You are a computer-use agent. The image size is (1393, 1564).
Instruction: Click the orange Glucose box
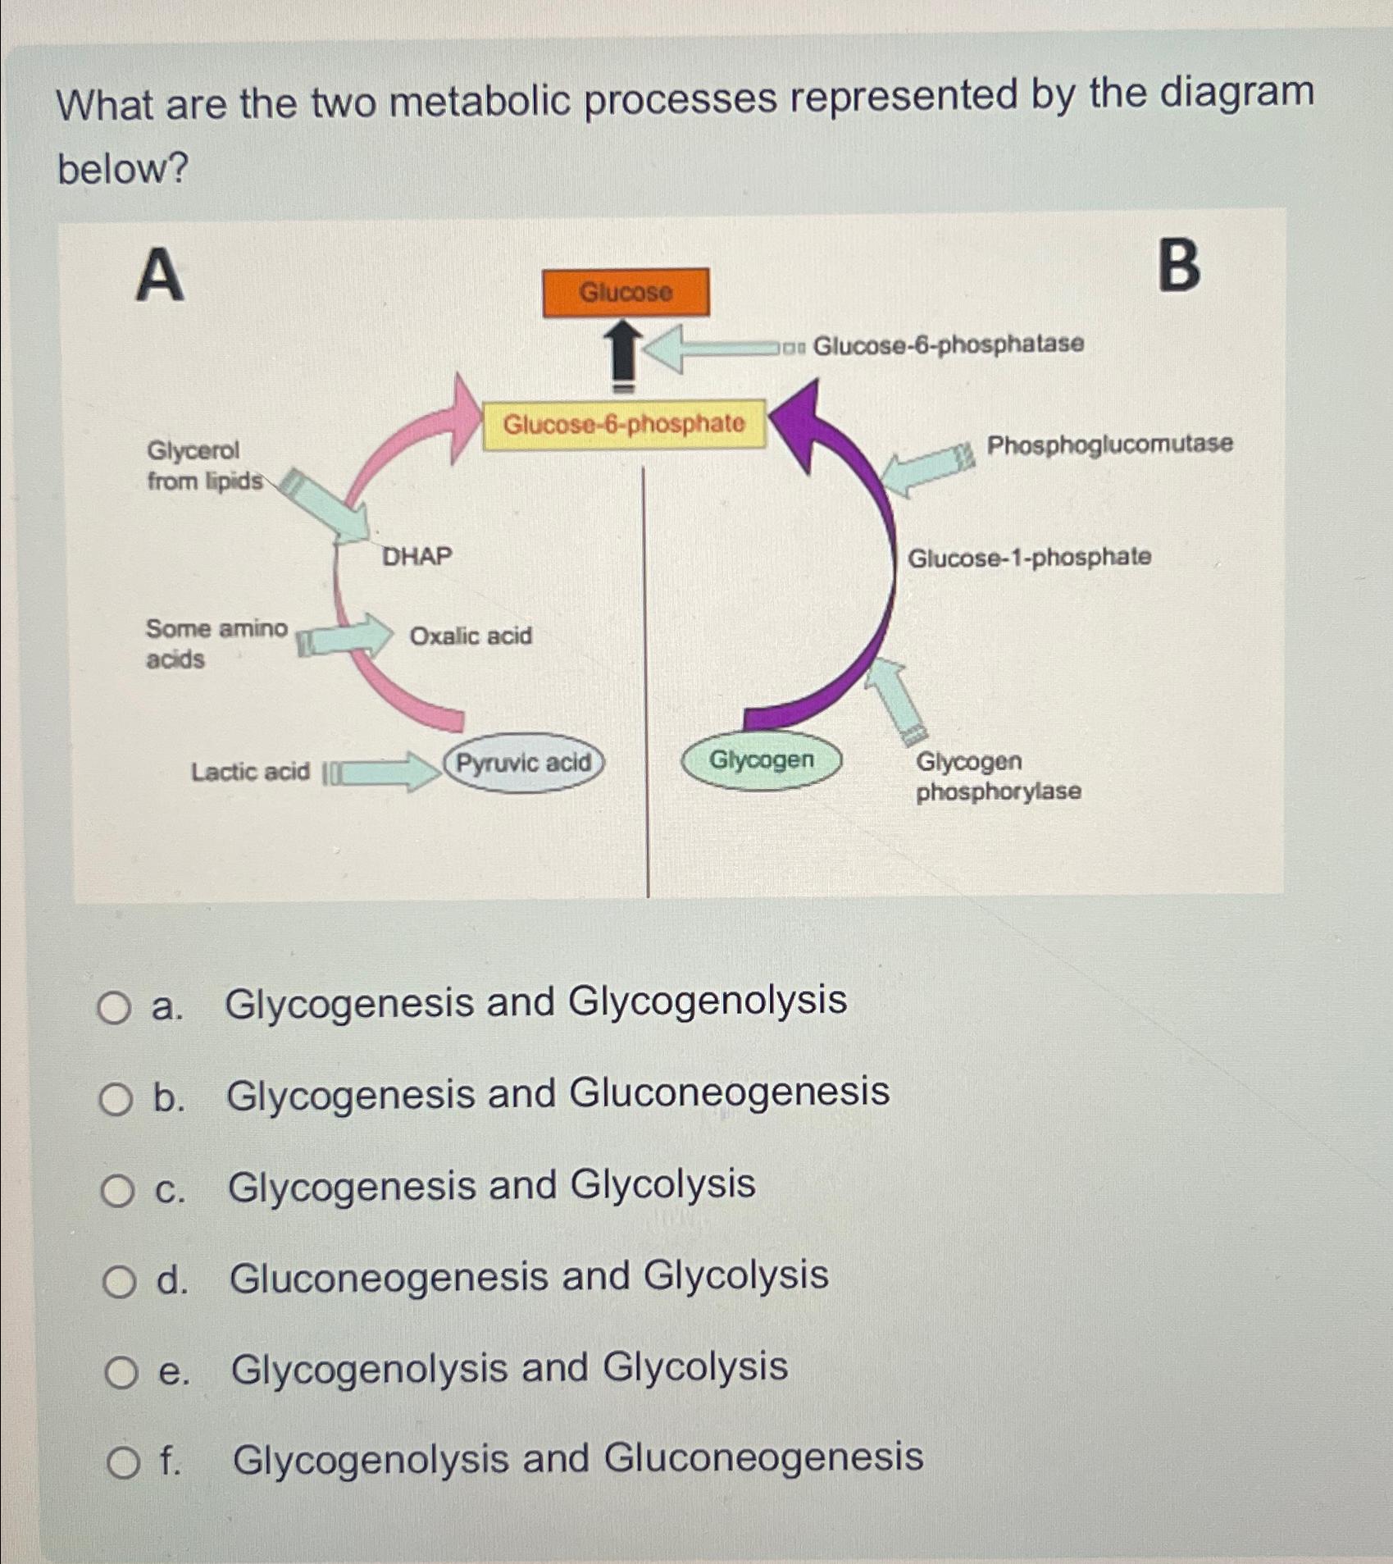[x=626, y=292]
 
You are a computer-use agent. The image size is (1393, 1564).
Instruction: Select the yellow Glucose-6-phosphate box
[x=624, y=424]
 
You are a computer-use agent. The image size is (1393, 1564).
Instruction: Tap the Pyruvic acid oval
[x=524, y=763]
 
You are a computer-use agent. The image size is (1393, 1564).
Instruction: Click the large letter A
[x=160, y=276]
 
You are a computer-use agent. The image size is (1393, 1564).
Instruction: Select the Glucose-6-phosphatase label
[x=948, y=344]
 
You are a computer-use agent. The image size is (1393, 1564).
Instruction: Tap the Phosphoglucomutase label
[x=1109, y=445]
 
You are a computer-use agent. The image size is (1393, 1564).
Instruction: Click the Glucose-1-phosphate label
[x=1029, y=558]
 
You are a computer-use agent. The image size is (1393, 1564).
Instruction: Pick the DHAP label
[x=417, y=557]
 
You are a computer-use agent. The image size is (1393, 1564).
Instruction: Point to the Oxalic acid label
[x=471, y=636]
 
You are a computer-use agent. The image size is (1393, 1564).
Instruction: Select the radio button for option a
[x=114, y=1007]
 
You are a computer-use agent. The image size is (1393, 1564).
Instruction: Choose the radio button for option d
[x=119, y=1281]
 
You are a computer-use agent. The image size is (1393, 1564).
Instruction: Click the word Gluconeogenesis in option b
[x=729, y=1092]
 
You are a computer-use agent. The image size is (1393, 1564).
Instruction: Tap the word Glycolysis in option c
[x=662, y=1184]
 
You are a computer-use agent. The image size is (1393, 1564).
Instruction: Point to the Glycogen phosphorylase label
[x=998, y=776]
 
